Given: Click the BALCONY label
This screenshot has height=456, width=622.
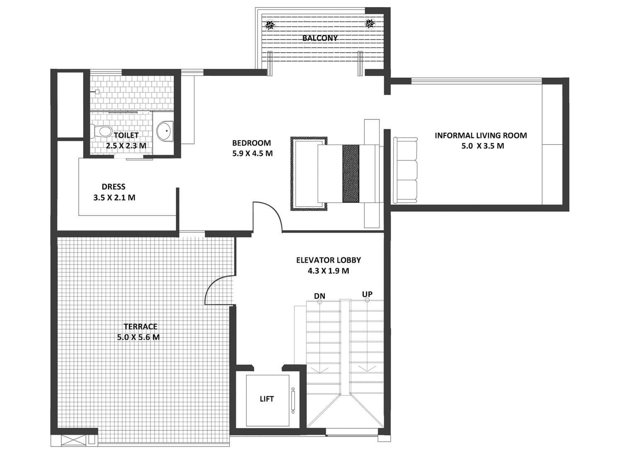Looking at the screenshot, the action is [x=320, y=38].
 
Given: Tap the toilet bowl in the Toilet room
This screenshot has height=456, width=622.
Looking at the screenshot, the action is [x=100, y=131].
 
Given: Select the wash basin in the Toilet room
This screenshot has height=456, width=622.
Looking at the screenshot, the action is [x=165, y=131].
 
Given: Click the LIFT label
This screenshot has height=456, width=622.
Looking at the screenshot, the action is [x=267, y=399].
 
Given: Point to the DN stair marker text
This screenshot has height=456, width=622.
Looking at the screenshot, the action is [x=320, y=296].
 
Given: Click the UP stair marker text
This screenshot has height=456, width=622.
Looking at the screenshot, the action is [x=367, y=294].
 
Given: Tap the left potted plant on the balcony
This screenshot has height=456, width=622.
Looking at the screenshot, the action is [x=270, y=25].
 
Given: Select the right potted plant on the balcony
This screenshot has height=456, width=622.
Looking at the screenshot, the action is [x=369, y=24].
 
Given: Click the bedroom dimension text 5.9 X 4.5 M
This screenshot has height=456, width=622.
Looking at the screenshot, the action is [x=253, y=153].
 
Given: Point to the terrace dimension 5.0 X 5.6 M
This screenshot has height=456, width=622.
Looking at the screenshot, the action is [x=138, y=337].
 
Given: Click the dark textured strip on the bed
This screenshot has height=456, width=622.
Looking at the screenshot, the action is [x=351, y=173].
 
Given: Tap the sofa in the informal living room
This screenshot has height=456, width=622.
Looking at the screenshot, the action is [x=405, y=170].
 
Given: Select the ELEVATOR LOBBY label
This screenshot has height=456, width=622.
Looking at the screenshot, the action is [x=328, y=260].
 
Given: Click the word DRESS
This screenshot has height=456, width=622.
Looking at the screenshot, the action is [x=114, y=187].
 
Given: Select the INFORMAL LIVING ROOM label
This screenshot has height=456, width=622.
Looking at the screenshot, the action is [x=481, y=136].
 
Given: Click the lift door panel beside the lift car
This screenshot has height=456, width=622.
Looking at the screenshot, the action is [x=293, y=400].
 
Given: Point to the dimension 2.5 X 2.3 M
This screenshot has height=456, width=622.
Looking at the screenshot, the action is [x=126, y=146].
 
